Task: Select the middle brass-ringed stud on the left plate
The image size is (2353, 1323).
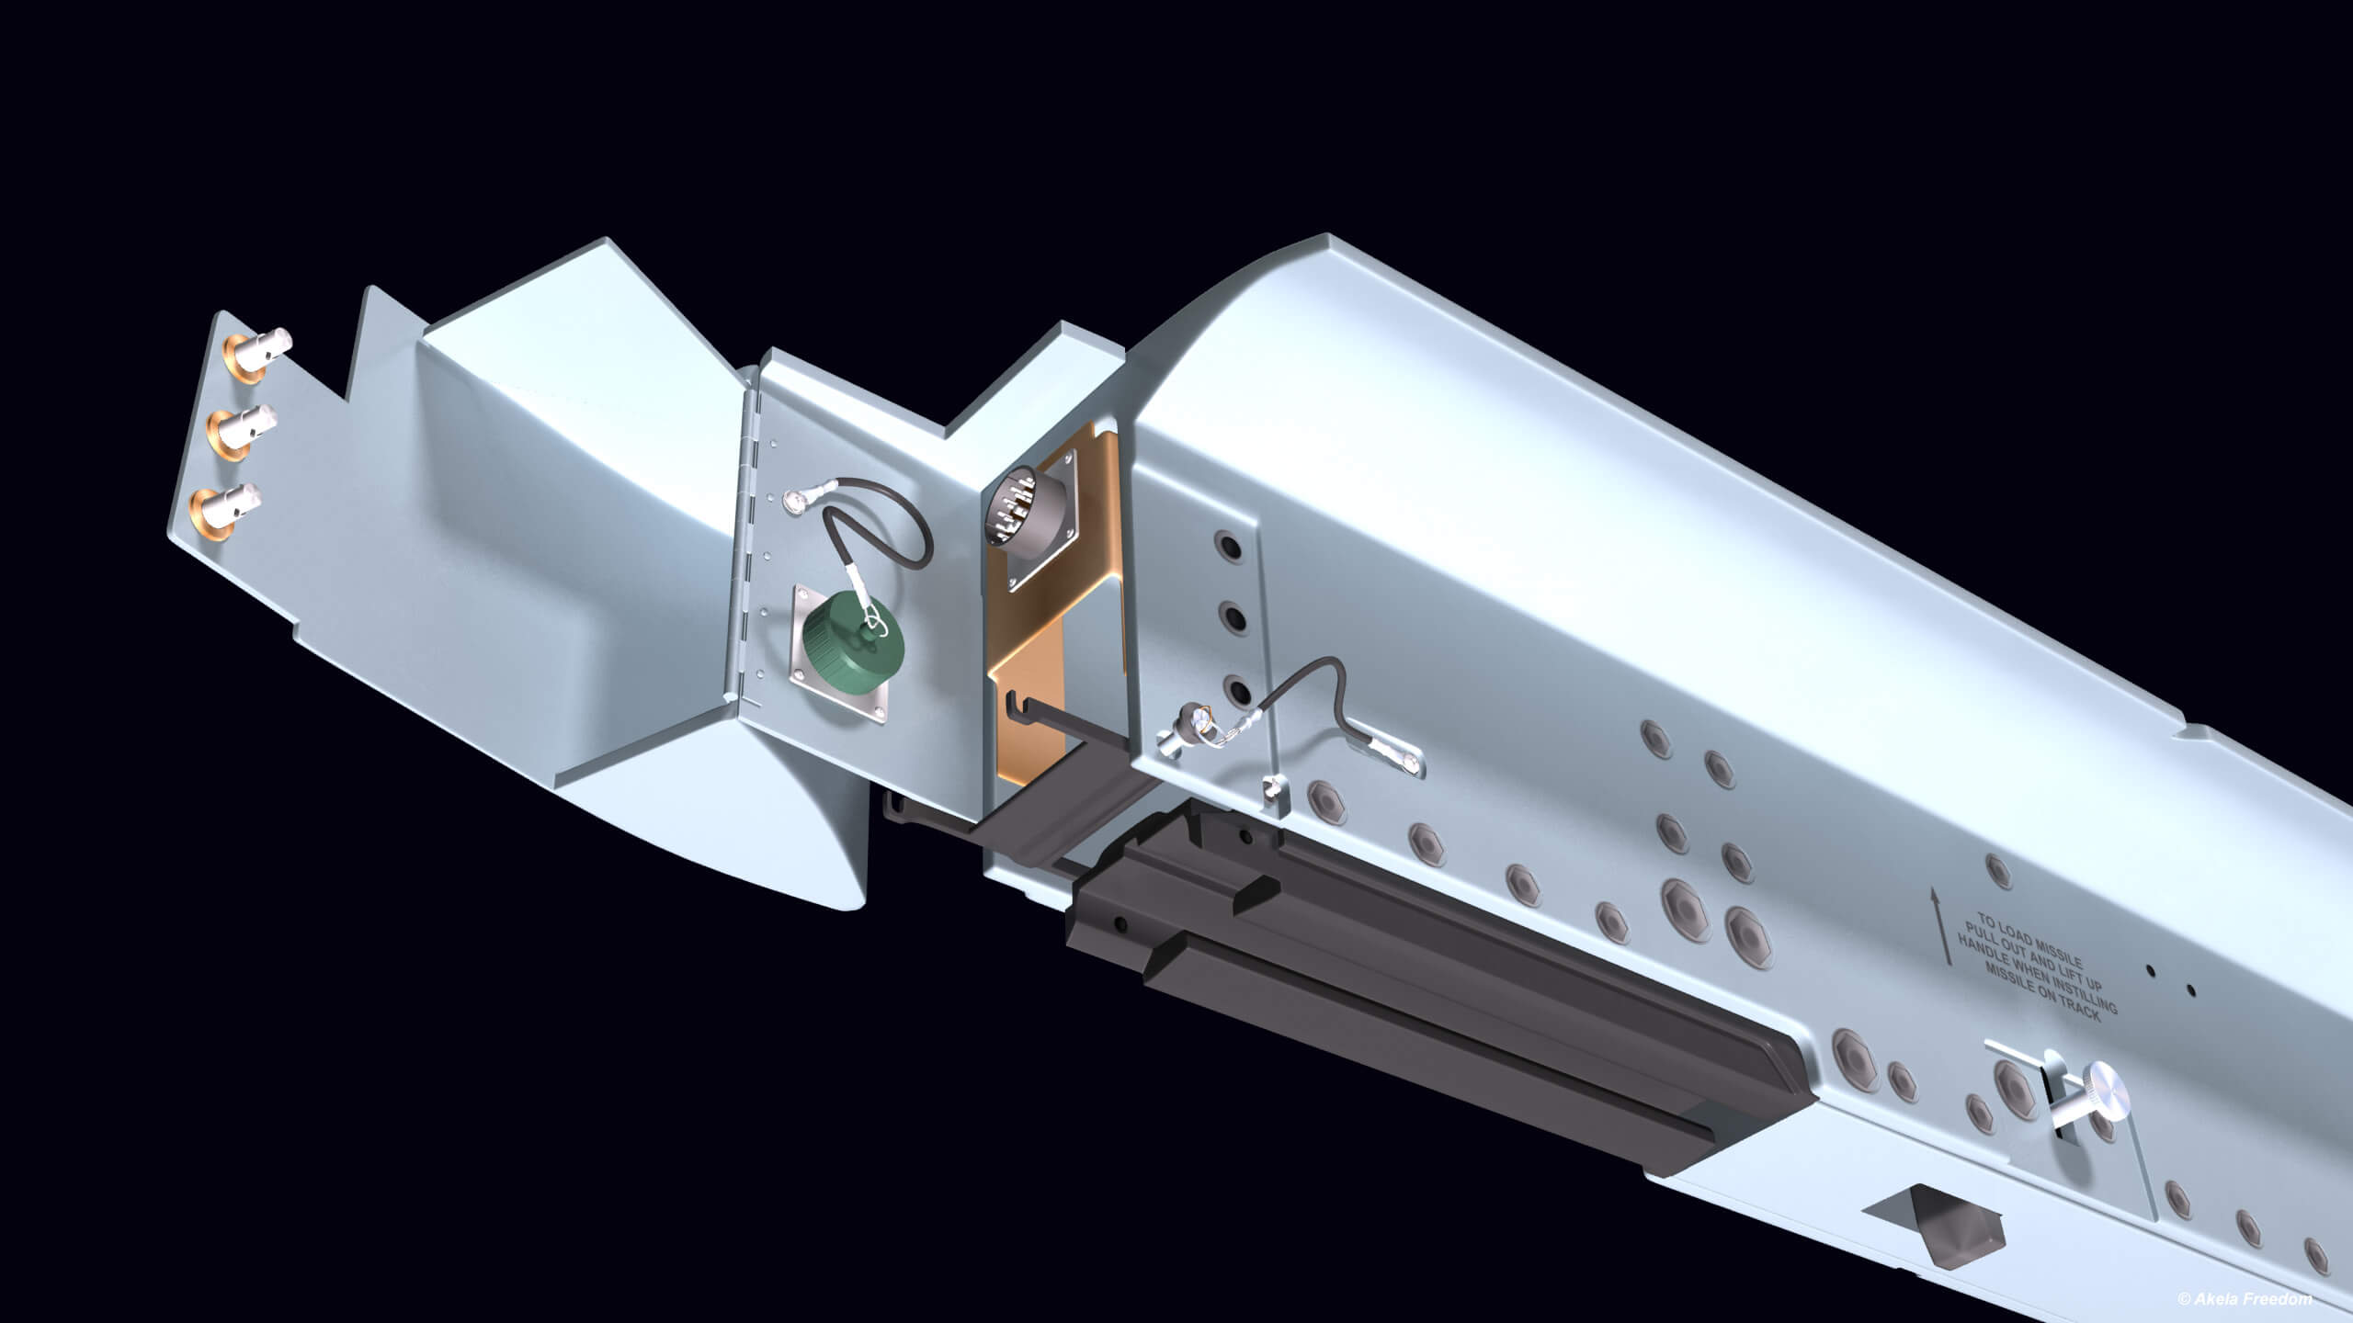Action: [x=240, y=426]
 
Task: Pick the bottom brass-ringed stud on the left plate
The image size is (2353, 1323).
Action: [x=222, y=505]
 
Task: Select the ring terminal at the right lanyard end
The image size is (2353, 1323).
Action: [x=1403, y=758]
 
